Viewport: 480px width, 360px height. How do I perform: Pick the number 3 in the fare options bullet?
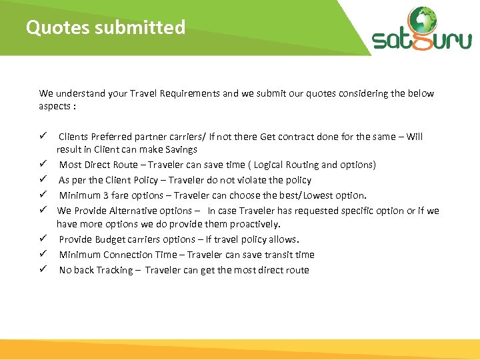(x=106, y=195)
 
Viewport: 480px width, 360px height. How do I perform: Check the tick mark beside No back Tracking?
(x=42, y=270)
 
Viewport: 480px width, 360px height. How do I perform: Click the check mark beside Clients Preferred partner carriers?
(x=42, y=137)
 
